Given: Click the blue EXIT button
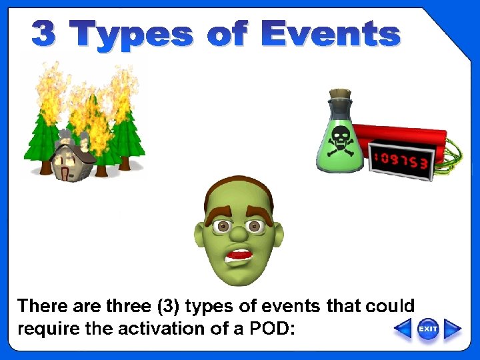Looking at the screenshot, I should [x=428, y=329].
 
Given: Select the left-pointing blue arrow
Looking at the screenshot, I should [x=403, y=329].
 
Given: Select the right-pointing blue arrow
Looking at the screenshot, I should [x=453, y=329].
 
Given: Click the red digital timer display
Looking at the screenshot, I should [x=401, y=158].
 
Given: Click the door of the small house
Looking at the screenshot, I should [x=64, y=173].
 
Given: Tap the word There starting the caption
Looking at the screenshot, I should [x=41, y=306].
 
